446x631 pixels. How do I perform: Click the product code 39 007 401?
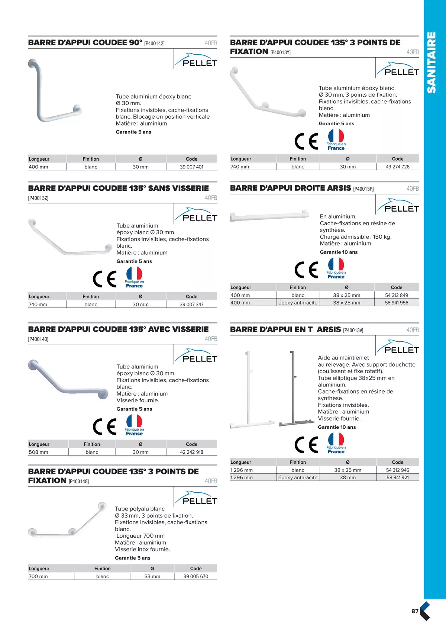pyautogui.click(x=191, y=167)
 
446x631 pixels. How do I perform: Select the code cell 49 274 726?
pyautogui.click(x=397, y=167)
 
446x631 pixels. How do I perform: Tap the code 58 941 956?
pyautogui.click(x=396, y=303)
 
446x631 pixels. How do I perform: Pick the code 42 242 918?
pyautogui.click(x=191, y=452)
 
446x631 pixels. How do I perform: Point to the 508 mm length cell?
pyautogui.click(x=38, y=452)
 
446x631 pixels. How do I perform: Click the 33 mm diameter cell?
pyautogui.click(x=152, y=576)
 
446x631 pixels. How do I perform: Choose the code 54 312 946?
pyautogui.click(x=397, y=470)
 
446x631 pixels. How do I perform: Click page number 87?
pyautogui.click(x=415, y=611)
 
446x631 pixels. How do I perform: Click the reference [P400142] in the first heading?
pyautogui.click(x=154, y=44)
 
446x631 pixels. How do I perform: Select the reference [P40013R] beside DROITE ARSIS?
pyautogui.click(x=363, y=189)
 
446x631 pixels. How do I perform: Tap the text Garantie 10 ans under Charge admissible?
pyautogui.click(x=339, y=252)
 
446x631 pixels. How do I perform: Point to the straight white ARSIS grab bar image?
pyautogui.click(x=269, y=216)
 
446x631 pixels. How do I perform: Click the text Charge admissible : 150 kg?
pyautogui.click(x=355, y=237)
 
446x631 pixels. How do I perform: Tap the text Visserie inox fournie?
pyautogui.click(x=142, y=549)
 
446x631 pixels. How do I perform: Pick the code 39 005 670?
pyautogui.click(x=195, y=576)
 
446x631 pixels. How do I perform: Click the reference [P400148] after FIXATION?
pyautogui.click(x=79, y=481)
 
